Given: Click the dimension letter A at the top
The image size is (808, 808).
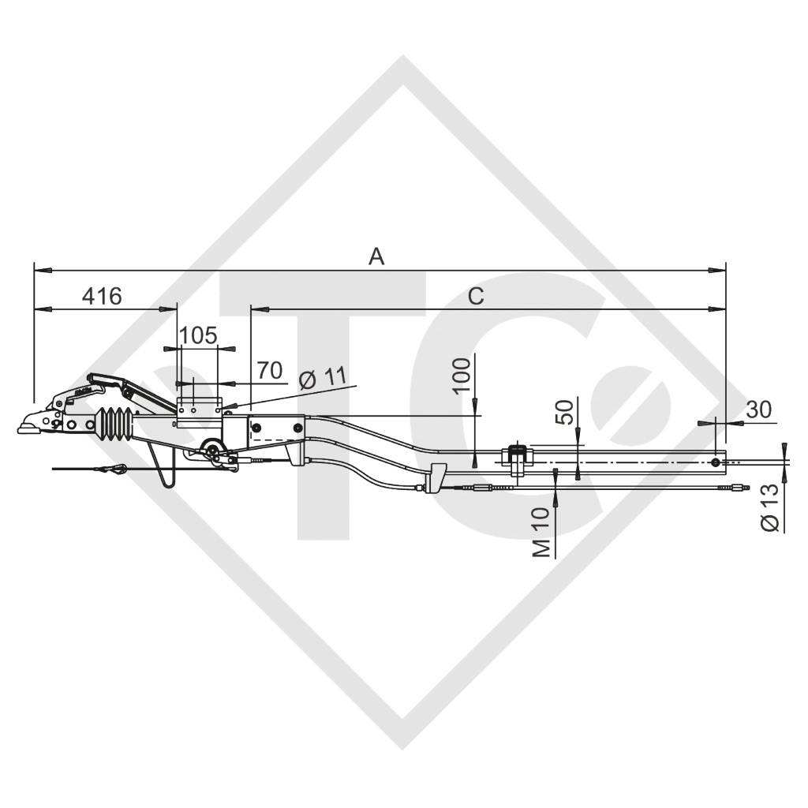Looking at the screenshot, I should point(377,256).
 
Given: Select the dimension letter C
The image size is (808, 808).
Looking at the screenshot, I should point(475,296).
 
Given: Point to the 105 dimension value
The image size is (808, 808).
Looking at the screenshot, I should point(197,335).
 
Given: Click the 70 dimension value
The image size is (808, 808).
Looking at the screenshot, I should point(270,370).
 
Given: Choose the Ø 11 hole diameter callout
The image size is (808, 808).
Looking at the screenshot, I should point(323,378).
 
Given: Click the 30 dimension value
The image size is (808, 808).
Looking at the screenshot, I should point(758,409).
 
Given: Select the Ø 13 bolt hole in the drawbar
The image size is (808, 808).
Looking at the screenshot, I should point(714,462).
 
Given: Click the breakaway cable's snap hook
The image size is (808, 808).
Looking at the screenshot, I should point(110,470).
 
